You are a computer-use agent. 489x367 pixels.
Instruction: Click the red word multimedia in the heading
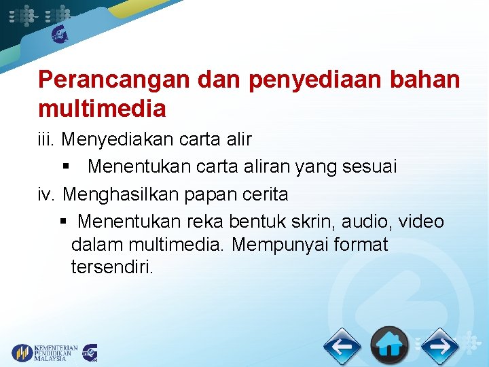pyautogui.click(x=102, y=107)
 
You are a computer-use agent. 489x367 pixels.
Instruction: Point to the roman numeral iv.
pyautogui.click(x=47, y=194)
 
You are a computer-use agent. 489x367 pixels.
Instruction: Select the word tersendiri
pyautogui.click(x=112, y=267)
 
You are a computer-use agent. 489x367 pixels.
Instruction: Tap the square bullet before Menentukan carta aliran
pyautogui.click(x=66, y=167)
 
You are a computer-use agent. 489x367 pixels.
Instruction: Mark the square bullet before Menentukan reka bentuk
pyautogui.click(x=63, y=222)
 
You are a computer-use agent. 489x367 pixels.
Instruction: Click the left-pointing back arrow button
pyautogui.click(x=342, y=347)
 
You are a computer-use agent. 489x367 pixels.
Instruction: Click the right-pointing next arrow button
pyautogui.click(x=439, y=347)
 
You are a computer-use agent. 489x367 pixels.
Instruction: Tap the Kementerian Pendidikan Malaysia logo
pyautogui.click(x=45, y=352)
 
